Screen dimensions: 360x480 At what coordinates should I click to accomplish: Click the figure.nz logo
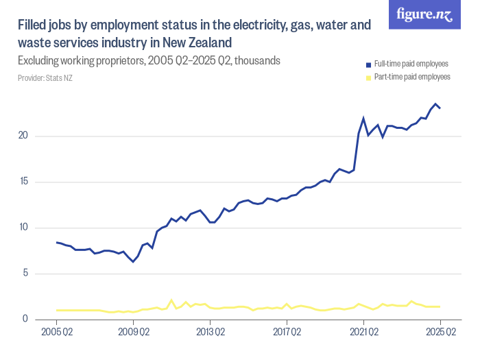[424, 15]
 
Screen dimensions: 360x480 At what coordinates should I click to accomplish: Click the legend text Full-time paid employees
[412, 64]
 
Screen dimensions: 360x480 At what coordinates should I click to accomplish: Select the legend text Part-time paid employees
[412, 77]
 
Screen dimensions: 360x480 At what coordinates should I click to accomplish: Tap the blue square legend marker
[369, 64]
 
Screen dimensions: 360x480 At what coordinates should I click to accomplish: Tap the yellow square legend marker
[369, 77]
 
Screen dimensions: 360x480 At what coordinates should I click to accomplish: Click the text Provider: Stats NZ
[45, 78]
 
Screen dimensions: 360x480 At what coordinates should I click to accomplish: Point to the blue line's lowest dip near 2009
[133, 262]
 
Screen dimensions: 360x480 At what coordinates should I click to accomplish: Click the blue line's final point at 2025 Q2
[440, 108]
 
